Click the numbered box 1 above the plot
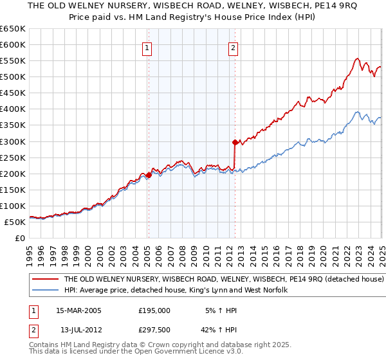coord(147,47)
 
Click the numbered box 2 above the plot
coord(232,47)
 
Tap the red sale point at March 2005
coord(149,175)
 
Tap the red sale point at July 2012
coord(235,142)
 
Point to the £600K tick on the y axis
coord(14,44)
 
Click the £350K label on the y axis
coord(14,125)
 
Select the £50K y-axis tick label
coord(16,222)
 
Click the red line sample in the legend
coord(45,280)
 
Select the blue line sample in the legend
coord(45,291)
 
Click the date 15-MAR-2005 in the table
coord(78,310)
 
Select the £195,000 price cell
coord(154,310)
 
